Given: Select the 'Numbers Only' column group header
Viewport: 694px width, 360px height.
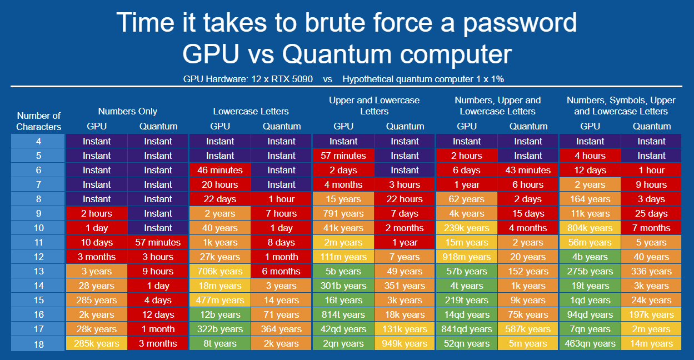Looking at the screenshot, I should (127, 111).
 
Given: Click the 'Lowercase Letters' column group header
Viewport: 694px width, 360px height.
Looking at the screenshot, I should (251, 111).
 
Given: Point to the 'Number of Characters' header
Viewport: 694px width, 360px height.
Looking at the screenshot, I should (38, 121).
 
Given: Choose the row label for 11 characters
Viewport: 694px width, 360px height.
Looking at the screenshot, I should (38, 242).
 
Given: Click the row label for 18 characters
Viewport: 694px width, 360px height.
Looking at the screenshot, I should (38, 344).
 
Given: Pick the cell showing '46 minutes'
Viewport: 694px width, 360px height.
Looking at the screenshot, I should (220, 170).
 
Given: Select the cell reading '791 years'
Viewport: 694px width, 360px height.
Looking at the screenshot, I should (343, 213).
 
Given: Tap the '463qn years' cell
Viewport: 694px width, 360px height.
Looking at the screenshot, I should (590, 343).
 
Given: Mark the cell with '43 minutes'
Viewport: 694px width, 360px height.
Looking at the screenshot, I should (528, 170).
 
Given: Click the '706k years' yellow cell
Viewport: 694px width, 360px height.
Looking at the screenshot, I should (220, 271).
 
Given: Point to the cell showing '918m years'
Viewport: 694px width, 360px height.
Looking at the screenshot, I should (467, 257).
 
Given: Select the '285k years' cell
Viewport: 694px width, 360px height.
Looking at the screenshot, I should (97, 343).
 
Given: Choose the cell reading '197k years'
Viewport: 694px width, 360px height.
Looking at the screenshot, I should (651, 314).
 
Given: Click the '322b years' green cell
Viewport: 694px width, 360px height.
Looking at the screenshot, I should (220, 329).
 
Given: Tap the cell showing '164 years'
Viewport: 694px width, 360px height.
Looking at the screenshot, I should (590, 199).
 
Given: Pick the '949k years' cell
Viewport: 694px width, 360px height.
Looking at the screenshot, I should (405, 343).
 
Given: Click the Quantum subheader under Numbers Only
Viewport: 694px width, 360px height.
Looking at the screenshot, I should (158, 126).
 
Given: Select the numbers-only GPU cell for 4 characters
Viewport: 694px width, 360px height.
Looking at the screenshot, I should (97, 141).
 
